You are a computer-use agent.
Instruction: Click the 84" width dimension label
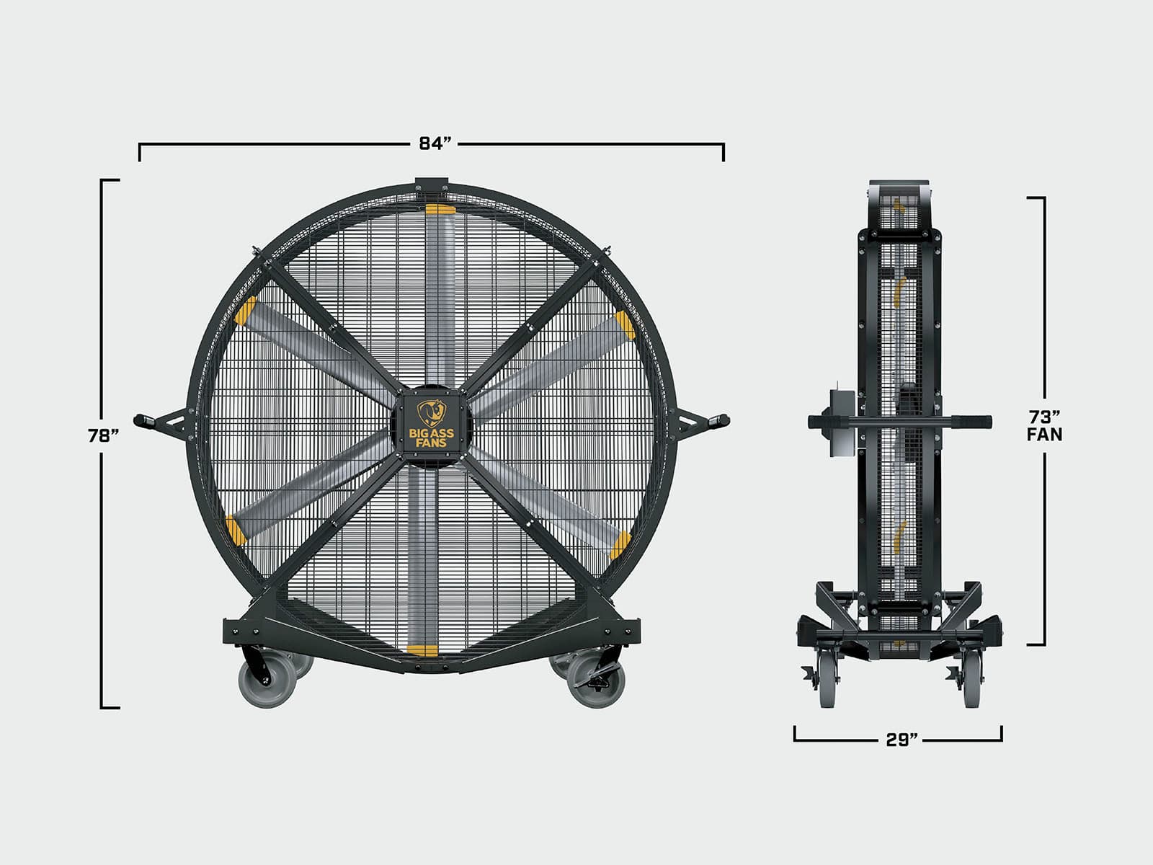pyautogui.click(x=435, y=143)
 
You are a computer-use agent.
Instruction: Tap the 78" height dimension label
pyautogui.click(x=104, y=435)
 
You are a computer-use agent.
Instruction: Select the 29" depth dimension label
pyautogui.click(x=902, y=740)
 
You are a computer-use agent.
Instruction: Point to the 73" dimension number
pyautogui.click(x=1044, y=417)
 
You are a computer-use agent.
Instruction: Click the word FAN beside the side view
pyautogui.click(x=1044, y=435)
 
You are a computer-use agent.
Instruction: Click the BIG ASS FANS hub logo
pyautogui.click(x=432, y=425)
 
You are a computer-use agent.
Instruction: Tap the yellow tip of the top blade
pyautogui.click(x=440, y=210)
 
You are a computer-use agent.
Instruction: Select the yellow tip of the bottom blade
pyautogui.click(x=422, y=650)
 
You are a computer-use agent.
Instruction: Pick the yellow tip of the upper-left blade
pyautogui.click(x=245, y=311)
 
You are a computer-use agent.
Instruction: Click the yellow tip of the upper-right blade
pyautogui.click(x=625, y=324)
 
